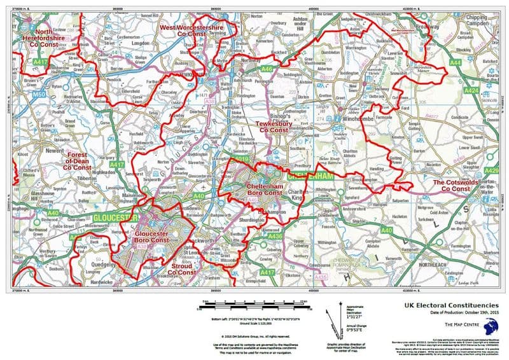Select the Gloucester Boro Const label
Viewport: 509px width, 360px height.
[x=152, y=237]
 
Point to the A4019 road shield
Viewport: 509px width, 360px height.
[x=239, y=159]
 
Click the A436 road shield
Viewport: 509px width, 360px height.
[x=274, y=237]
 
